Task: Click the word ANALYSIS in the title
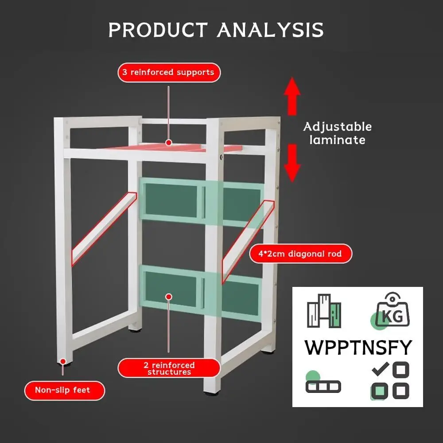coord(270,30)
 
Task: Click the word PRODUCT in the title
coord(158,30)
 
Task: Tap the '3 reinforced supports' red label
coord(168,72)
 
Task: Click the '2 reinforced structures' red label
coord(169,368)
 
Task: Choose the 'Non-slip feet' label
coord(63,390)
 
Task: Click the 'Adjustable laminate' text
coord(338,133)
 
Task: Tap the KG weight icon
coord(392,310)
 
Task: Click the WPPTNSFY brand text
coord(358,347)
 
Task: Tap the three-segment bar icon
coord(323,386)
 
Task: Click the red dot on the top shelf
coord(168,142)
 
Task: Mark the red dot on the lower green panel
coord(168,296)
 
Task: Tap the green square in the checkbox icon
coord(379,391)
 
